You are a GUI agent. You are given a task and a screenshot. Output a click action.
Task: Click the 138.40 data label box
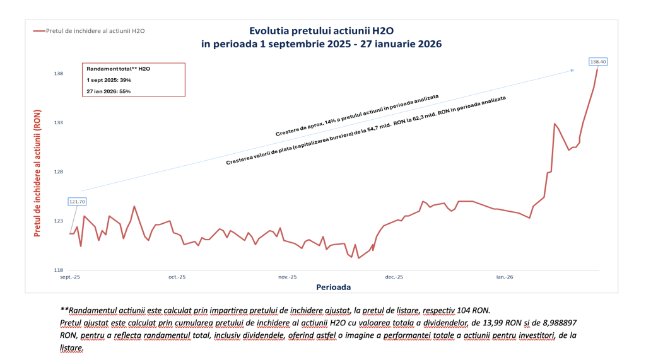[x=597, y=61]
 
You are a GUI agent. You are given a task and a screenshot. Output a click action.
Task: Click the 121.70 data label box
[x=76, y=202]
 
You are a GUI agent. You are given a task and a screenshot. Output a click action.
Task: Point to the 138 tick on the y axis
[x=59, y=74]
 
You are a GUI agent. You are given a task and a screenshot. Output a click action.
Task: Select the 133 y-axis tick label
[x=59, y=122]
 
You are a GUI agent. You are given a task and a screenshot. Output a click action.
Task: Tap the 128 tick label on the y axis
[x=59, y=171]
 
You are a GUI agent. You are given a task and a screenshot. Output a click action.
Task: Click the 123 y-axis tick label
[x=59, y=221]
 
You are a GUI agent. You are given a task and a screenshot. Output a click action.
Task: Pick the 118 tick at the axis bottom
[x=59, y=269]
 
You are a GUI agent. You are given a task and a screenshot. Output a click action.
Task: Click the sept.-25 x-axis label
[x=70, y=277]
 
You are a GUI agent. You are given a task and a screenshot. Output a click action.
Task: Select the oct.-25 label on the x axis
[x=177, y=277]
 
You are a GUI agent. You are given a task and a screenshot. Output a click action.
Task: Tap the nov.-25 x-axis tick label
[x=287, y=277]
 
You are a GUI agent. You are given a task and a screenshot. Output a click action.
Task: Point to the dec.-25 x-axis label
[x=394, y=277]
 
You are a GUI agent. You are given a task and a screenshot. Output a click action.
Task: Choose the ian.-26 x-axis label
[x=505, y=277]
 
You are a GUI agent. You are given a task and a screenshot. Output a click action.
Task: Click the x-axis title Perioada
[x=333, y=287]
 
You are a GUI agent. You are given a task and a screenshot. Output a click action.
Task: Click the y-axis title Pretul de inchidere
[x=37, y=171]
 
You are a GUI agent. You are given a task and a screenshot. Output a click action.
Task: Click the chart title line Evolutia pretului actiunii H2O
[x=322, y=30]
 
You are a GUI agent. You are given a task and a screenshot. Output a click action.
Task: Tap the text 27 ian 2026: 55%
[x=109, y=90]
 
